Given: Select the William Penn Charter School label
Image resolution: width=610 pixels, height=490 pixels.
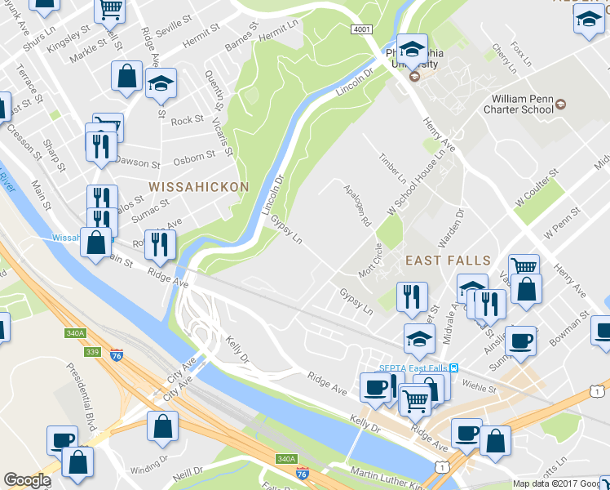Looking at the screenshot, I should tap(519, 106).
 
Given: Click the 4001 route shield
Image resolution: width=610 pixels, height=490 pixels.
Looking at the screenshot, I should tap(362, 29).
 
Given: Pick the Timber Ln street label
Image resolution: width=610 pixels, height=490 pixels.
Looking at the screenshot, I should tap(392, 167).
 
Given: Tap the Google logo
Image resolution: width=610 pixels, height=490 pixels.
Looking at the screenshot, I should tap(26, 480).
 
